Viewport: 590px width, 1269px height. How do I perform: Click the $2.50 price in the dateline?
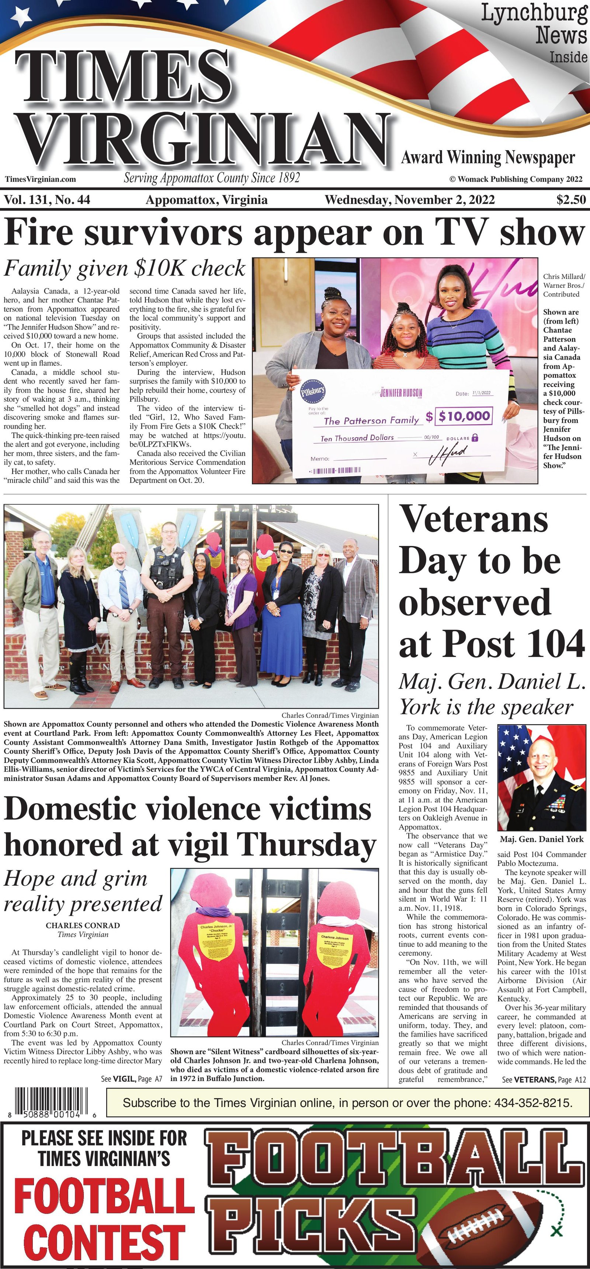click(x=571, y=200)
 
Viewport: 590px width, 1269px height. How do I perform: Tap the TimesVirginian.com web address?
click(x=41, y=179)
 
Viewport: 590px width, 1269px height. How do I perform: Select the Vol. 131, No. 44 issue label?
click(x=47, y=200)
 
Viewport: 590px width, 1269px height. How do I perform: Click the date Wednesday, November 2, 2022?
click(x=409, y=200)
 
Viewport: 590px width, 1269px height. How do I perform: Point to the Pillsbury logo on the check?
click(x=313, y=392)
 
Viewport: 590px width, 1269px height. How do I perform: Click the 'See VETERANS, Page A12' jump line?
click(x=544, y=1079)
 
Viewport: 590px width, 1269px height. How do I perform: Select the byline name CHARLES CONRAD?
click(x=83, y=926)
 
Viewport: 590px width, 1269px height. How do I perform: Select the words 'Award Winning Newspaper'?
click(x=487, y=158)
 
